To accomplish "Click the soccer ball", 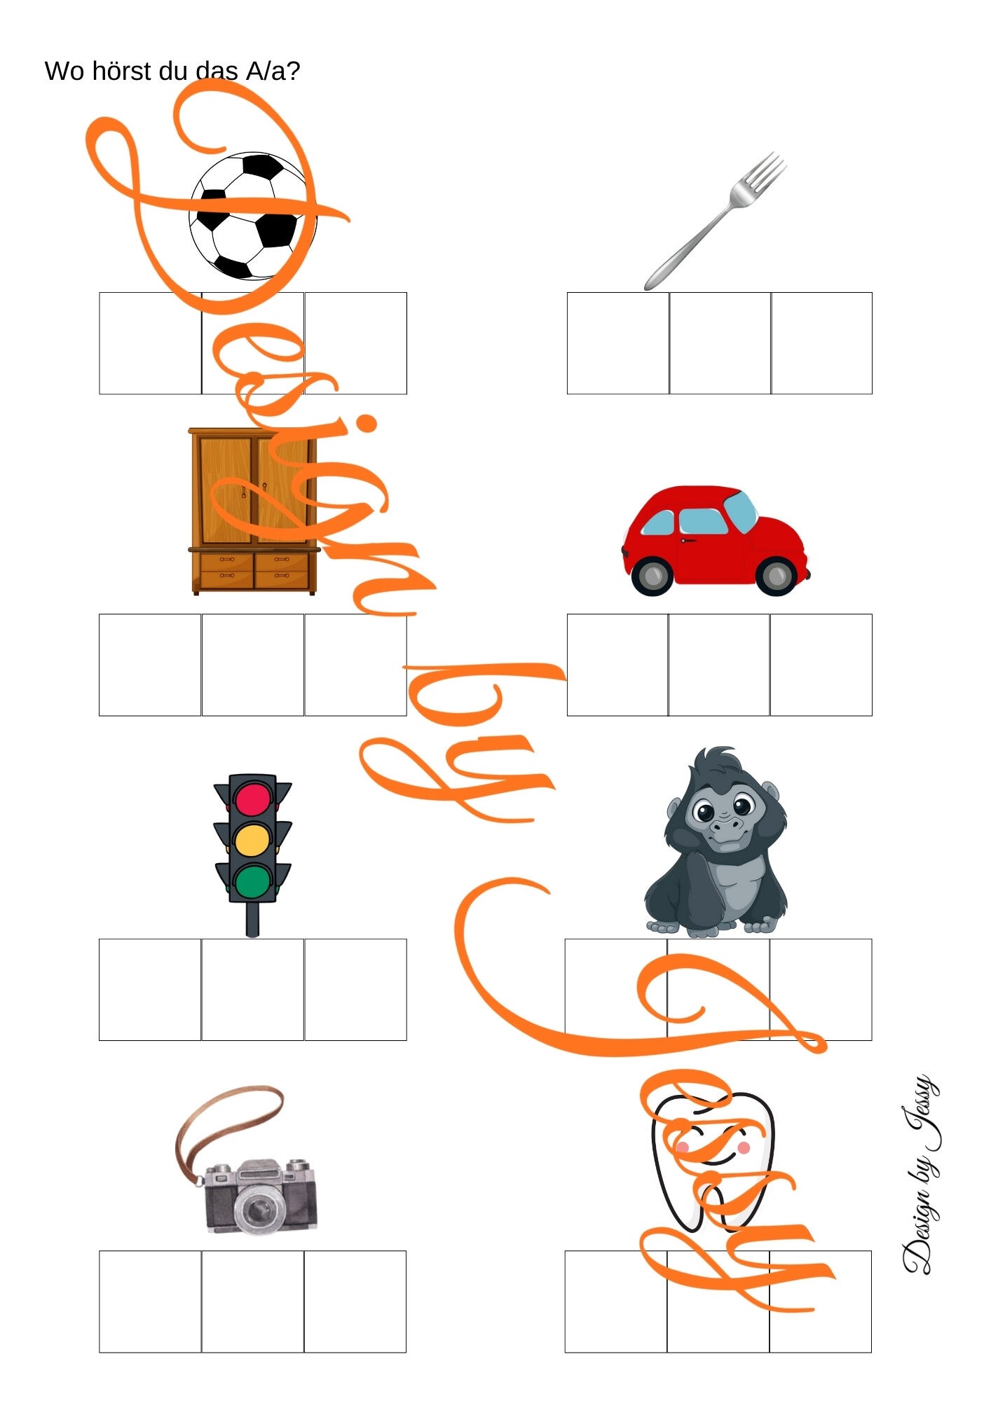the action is [252, 216].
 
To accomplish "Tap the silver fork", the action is [714, 221].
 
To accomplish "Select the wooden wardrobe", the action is [254, 512].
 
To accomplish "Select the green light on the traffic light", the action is [253, 881].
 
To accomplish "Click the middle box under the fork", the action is [720, 343].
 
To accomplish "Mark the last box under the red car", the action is [821, 665].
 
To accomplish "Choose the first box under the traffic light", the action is [150, 990].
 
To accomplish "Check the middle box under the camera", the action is [252, 1302].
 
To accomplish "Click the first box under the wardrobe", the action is [150, 665].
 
